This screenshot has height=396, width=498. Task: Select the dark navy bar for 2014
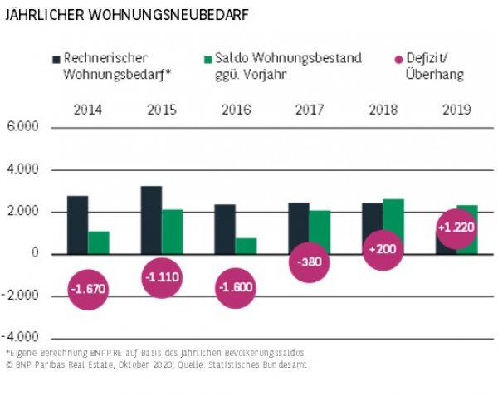[77, 224]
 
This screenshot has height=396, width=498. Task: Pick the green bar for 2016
[246, 245]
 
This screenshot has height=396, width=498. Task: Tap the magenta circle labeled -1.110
[162, 276]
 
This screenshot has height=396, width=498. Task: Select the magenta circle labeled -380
[310, 262]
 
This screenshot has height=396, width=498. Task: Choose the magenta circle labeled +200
[383, 249]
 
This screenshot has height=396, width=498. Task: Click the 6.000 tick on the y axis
[22, 128]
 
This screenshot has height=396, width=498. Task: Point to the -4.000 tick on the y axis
[22, 338]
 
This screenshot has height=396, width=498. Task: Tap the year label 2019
[457, 109]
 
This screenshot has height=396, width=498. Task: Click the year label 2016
[236, 109]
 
